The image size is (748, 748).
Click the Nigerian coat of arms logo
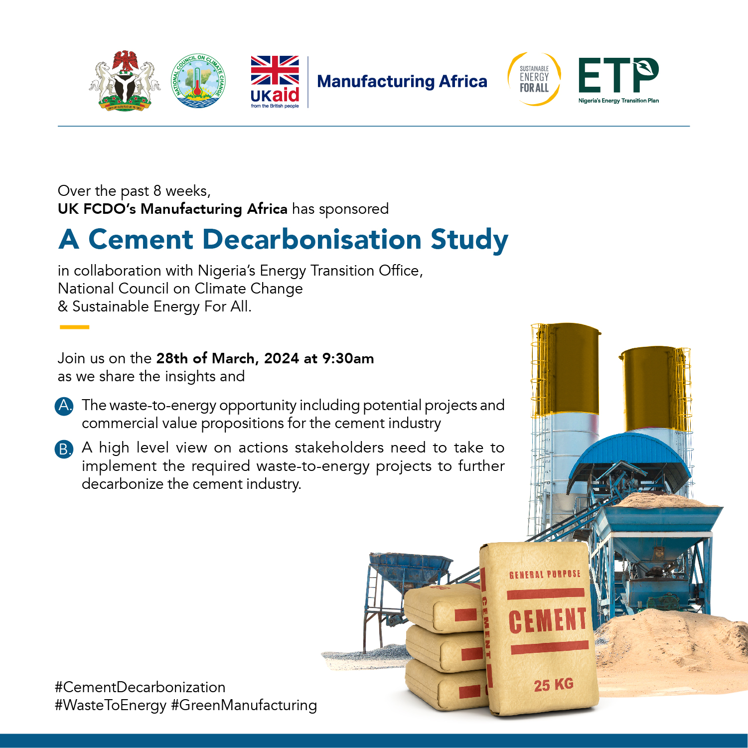pos(125,81)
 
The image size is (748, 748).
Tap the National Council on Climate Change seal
pos(198,81)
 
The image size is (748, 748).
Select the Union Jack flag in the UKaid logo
pos(275,70)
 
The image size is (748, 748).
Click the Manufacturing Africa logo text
pos(402,81)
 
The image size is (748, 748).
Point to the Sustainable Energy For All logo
pos(534,79)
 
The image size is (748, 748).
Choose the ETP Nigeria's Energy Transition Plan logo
pos(618,80)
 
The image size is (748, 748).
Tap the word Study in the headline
pos(469,240)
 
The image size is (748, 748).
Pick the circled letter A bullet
pos(64,406)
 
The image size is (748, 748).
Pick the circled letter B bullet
pos(64,449)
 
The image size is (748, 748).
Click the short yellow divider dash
pos(74,327)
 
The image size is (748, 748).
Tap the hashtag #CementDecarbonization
pos(140,687)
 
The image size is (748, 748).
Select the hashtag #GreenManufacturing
pos(244,705)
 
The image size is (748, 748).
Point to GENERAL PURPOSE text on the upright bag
pos(545,575)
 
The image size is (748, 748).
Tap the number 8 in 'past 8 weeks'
pos(157,191)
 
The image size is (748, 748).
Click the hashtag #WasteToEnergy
pos(111,705)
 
